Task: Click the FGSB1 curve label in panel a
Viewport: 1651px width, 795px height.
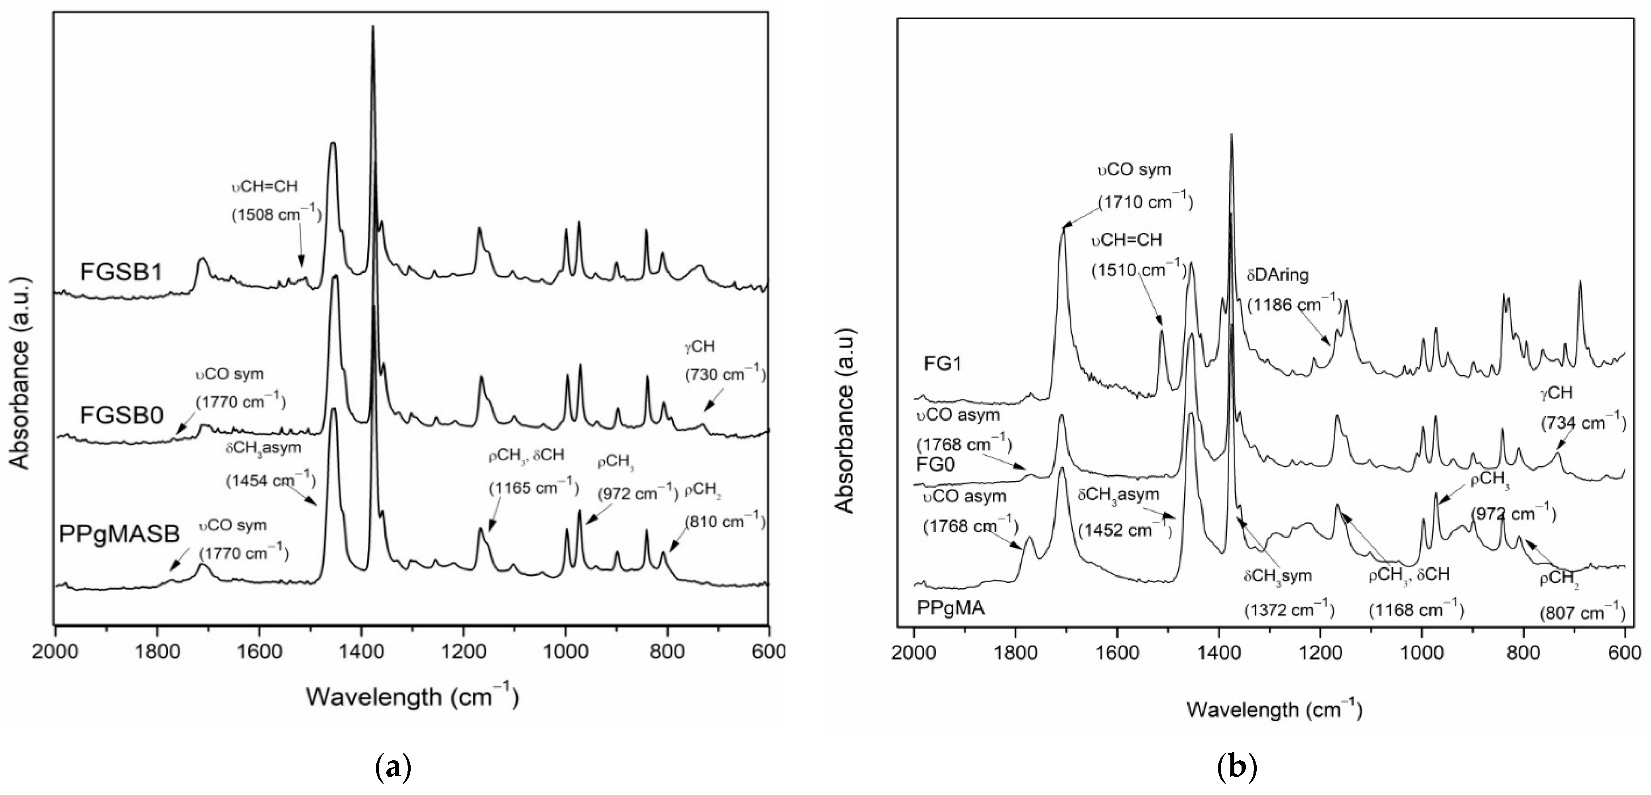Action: tap(122, 272)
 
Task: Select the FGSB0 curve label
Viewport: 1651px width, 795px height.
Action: tap(122, 415)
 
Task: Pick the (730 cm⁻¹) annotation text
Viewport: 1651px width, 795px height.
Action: tap(726, 374)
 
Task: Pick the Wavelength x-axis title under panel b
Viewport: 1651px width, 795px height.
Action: tap(1274, 709)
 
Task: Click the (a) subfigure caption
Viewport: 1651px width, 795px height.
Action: tap(392, 767)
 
